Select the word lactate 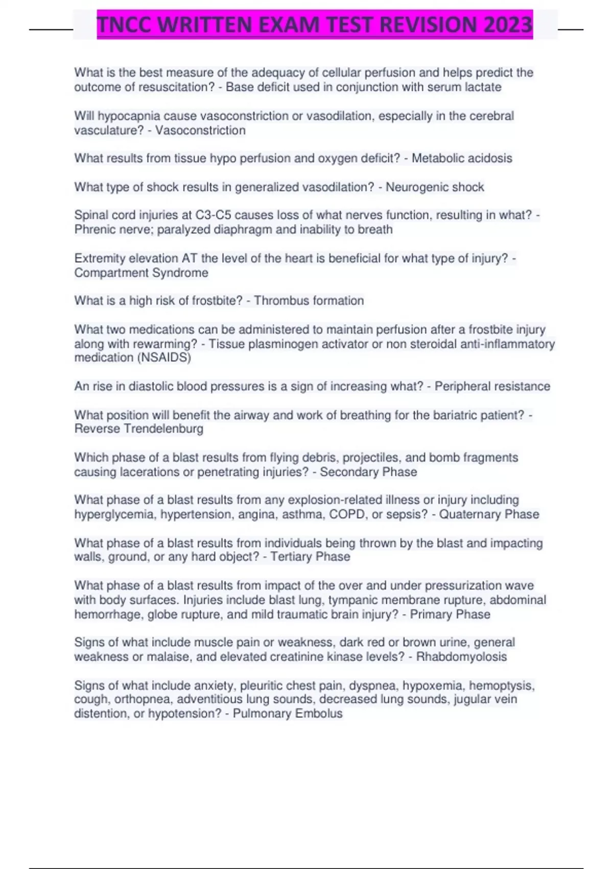pos(483,87)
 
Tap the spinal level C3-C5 pos(213,215)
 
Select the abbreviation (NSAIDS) pos(164,357)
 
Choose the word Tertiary pos(290,557)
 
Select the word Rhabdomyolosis pos(461,657)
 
